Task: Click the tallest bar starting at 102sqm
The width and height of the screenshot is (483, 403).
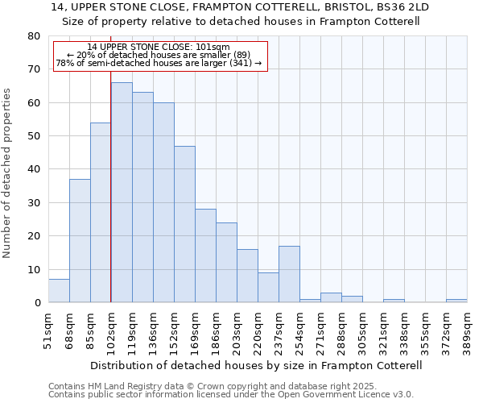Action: point(122,193)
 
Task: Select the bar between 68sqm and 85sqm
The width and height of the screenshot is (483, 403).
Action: point(80,241)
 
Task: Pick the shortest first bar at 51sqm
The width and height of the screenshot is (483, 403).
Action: point(59,291)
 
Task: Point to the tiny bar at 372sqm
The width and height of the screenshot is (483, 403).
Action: point(456,301)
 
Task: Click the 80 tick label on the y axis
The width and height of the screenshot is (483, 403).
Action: point(33,36)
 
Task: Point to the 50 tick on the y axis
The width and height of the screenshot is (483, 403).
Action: point(33,136)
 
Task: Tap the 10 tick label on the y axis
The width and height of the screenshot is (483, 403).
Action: point(33,270)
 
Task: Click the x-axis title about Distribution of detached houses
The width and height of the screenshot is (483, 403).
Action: point(257,365)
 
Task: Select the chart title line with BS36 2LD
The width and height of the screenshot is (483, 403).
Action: point(240,6)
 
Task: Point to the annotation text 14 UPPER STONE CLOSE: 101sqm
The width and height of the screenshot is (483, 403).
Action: point(159,47)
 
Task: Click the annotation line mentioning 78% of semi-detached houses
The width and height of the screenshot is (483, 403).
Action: point(159,63)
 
